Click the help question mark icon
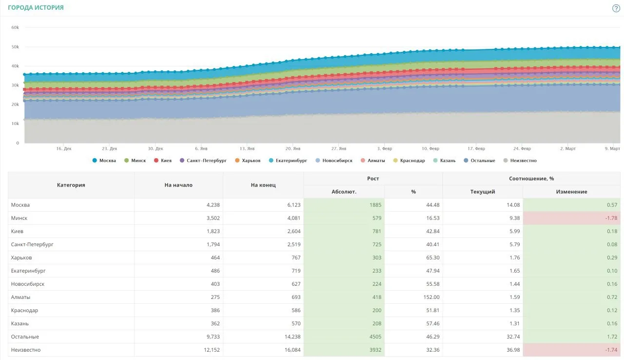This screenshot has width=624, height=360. point(616,8)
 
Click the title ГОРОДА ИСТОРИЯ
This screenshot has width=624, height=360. point(36,7)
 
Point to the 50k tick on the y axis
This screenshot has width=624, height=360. point(15,47)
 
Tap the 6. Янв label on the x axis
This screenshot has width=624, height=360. point(201,148)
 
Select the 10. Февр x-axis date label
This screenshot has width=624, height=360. point(430,148)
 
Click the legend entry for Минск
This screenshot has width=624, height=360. point(135,161)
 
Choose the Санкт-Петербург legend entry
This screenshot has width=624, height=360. point(203,161)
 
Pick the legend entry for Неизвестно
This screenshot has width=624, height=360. point(520,161)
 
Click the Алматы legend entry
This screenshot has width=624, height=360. point(373,161)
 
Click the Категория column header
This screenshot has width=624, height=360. point(71,185)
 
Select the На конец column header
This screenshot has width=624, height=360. point(263,185)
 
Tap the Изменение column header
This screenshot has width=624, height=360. point(572,191)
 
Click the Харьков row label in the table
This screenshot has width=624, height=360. point(21,257)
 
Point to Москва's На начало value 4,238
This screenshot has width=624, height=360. point(213,205)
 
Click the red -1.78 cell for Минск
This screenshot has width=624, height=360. point(571,218)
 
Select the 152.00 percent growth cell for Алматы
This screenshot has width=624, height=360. point(431,297)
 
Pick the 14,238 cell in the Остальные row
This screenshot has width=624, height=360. point(292,337)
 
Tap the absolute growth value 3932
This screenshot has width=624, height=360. point(375,350)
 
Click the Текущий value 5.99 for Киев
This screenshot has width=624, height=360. point(514,231)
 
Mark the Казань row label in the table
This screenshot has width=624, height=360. point(20,323)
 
